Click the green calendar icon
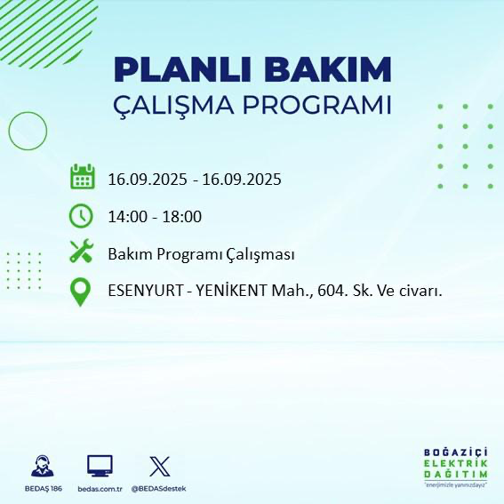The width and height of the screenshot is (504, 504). click(x=82, y=177)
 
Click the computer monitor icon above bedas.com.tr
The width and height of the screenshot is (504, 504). click(x=100, y=465)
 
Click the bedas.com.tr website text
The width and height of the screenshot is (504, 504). click(x=100, y=489)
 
